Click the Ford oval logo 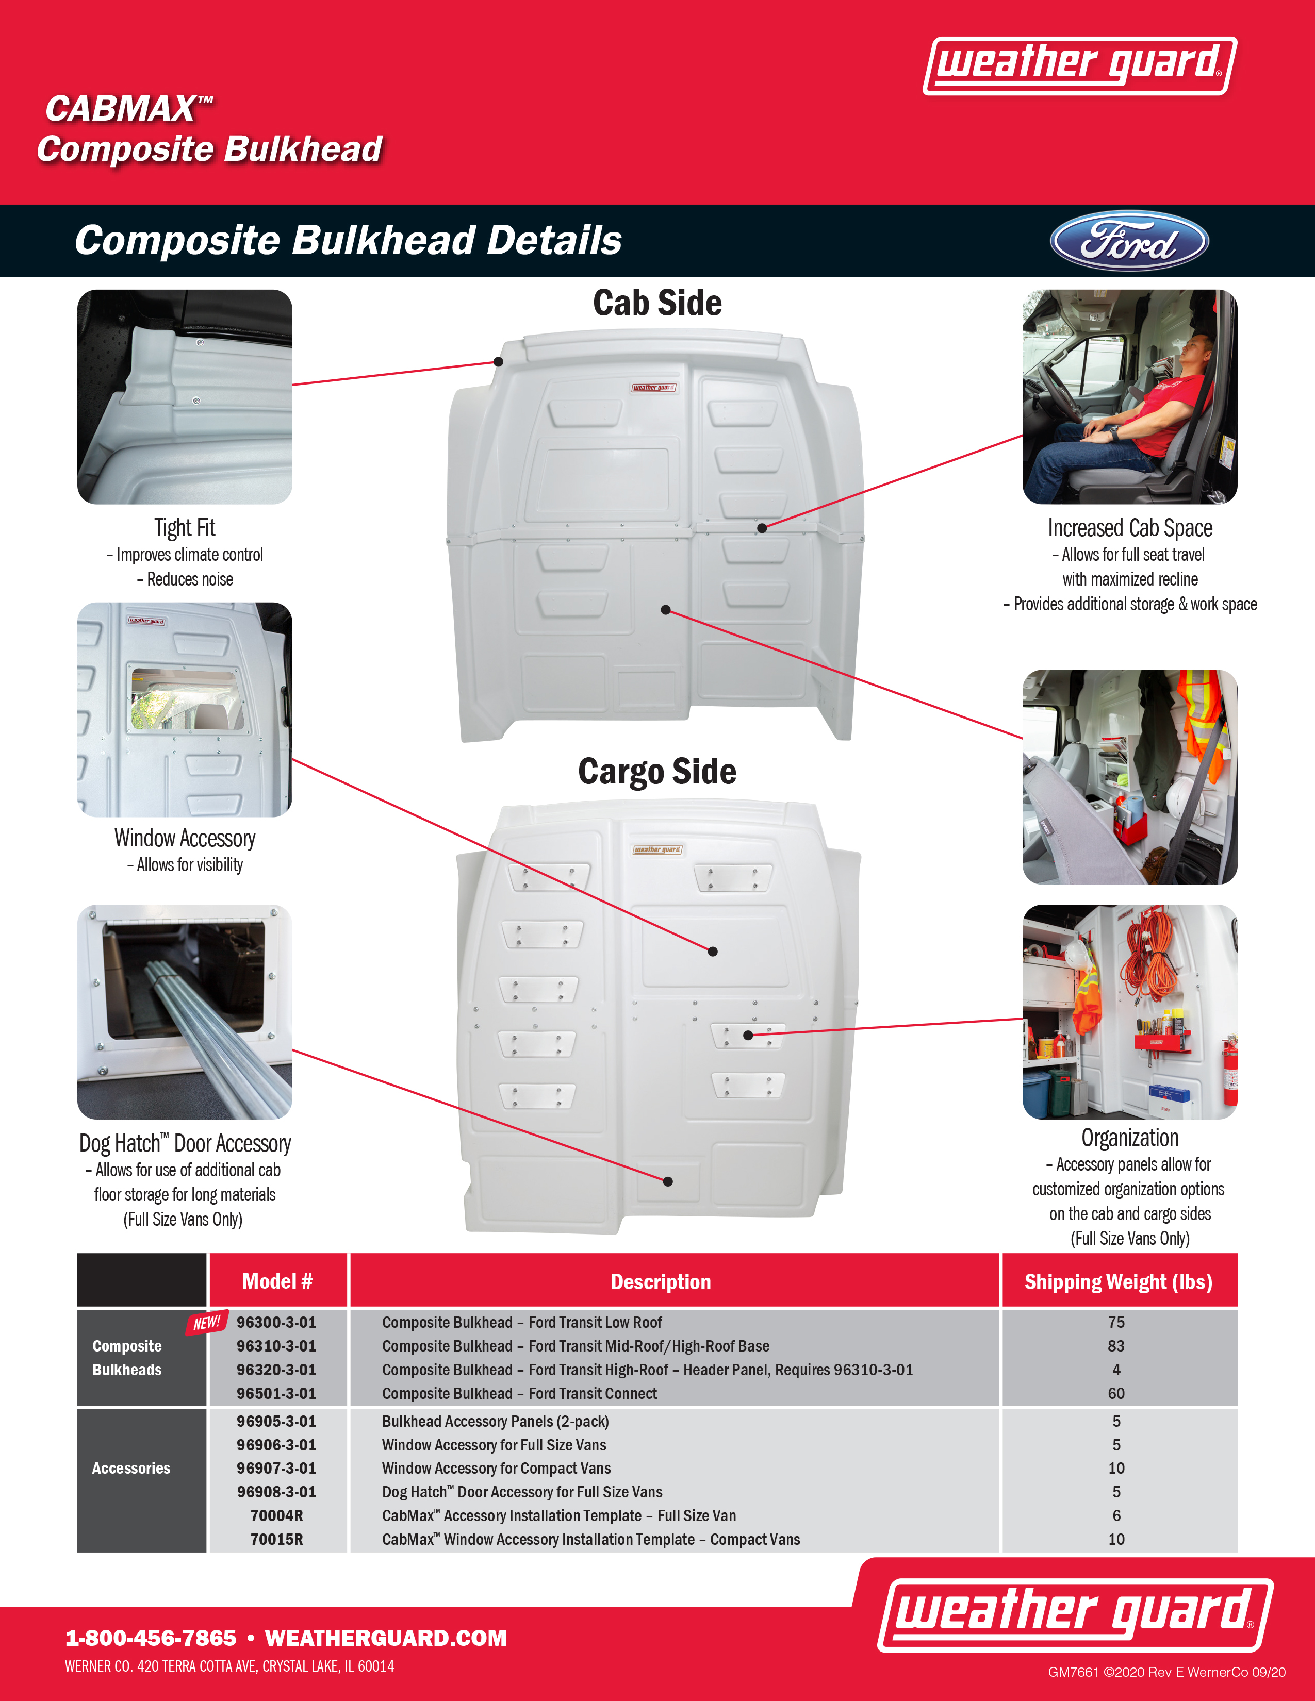tap(1129, 241)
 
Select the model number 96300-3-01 tap(276, 1323)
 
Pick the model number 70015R tap(276, 1540)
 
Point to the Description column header tap(661, 1282)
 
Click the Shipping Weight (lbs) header tap(1118, 1282)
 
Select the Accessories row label tap(131, 1468)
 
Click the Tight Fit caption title tap(185, 528)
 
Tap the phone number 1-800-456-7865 tap(151, 1638)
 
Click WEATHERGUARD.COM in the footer tap(386, 1638)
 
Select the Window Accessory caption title tap(185, 838)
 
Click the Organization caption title tap(1129, 1138)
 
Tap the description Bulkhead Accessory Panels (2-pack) tap(496, 1422)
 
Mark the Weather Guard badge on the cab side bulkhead tap(653, 387)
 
